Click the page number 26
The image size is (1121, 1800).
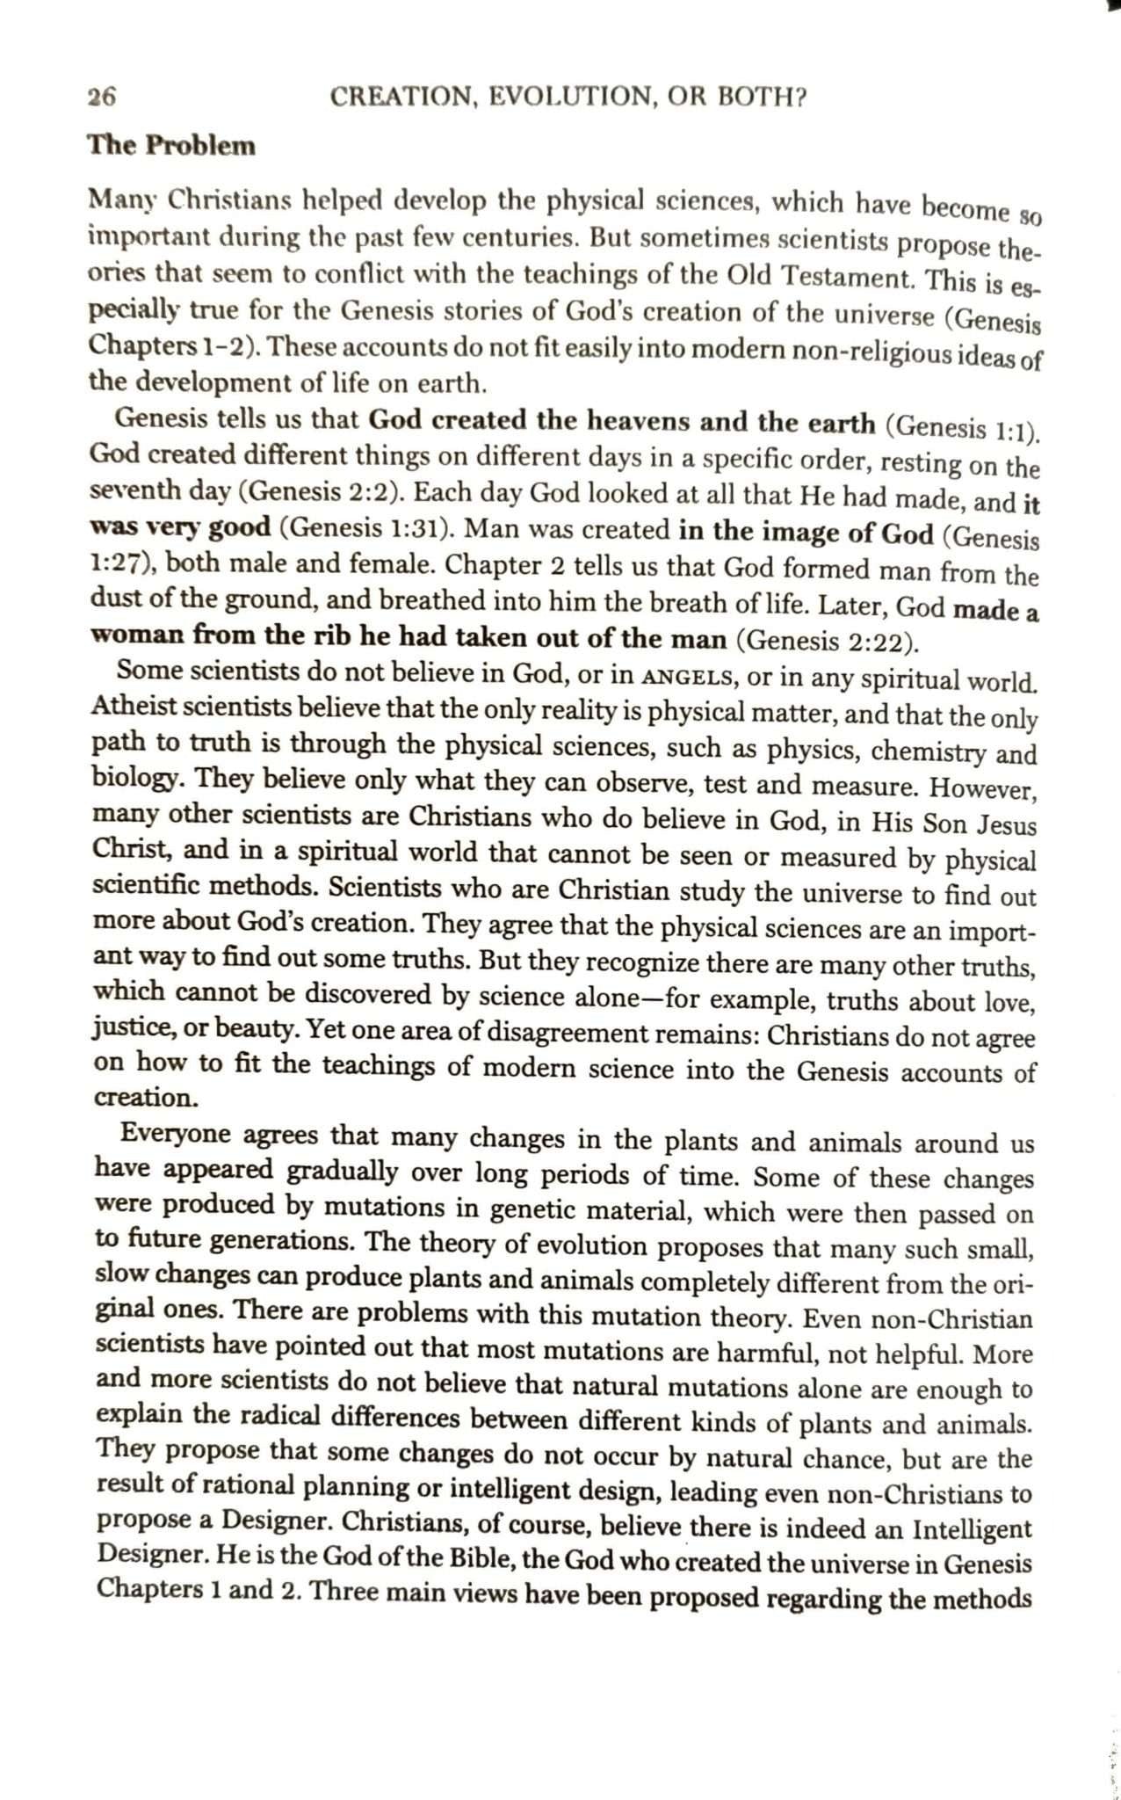tap(102, 98)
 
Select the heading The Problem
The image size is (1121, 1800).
tap(171, 145)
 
